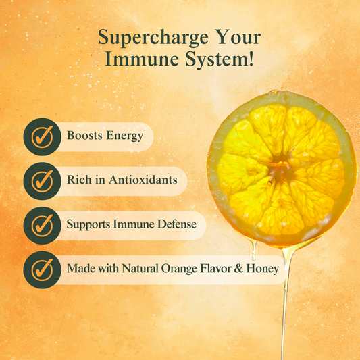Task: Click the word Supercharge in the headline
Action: [153, 38]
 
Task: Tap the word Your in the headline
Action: [238, 36]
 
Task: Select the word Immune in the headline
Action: [142, 59]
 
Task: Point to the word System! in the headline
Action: [220, 59]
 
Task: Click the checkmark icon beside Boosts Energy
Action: [43, 137]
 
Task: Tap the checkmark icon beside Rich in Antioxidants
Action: [43, 181]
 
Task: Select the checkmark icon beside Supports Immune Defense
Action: [43, 226]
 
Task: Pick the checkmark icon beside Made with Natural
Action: [43, 269]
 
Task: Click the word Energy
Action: [125, 136]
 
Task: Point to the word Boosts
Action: [84, 135]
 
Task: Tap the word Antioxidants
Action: [143, 180]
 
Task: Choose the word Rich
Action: [79, 180]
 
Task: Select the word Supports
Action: [88, 224]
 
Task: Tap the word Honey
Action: [263, 269]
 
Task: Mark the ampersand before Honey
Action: [238, 268]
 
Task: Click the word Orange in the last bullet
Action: [179, 269]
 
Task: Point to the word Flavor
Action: [215, 268]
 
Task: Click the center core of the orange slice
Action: [280, 169]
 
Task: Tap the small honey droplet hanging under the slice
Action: [254, 251]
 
